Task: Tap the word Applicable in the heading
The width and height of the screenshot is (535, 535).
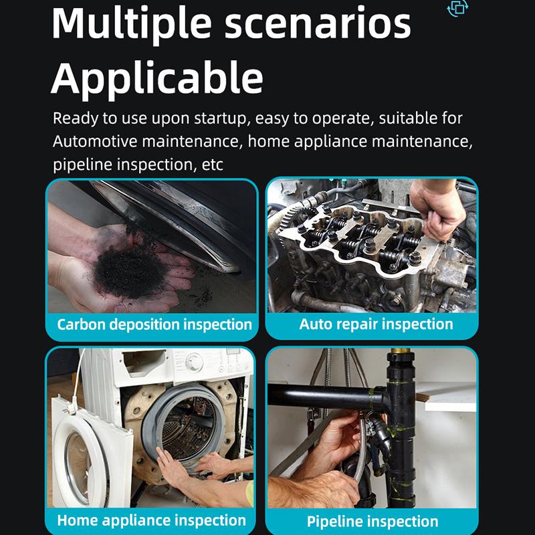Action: tap(157, 79)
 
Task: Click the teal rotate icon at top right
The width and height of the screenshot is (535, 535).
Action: tap(457, 8)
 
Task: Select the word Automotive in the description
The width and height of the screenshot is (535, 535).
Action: tap(95, 141)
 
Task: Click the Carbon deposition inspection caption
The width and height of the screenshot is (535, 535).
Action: tap(154, 324)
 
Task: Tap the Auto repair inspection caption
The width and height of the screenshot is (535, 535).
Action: tap(376, 324)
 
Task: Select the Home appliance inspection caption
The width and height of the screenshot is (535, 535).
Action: tap(152, 521)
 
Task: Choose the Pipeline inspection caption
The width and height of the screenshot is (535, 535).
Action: tap(372, 522)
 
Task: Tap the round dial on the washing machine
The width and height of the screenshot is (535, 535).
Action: tap(194, 362)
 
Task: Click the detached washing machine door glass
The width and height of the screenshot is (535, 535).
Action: tap(85, 468)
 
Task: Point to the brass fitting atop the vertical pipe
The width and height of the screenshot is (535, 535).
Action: tap(401, 350)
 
